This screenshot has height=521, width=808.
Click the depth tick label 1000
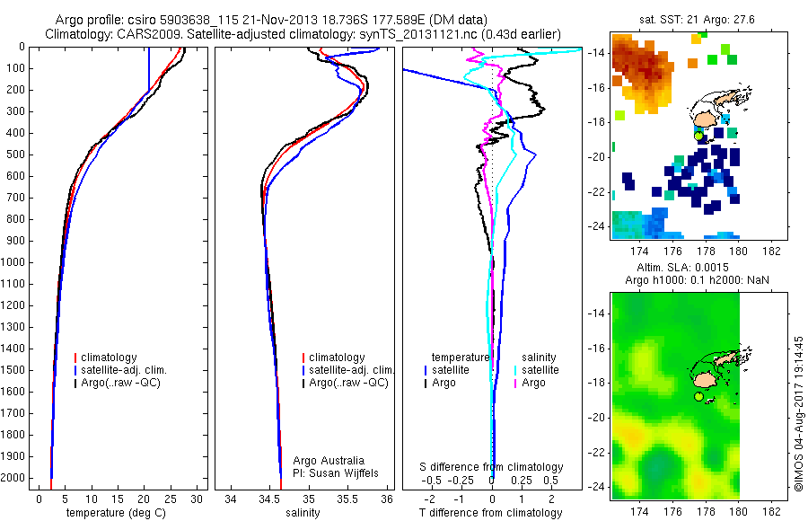point(16,262)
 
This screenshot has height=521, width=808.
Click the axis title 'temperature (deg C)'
point(117,513)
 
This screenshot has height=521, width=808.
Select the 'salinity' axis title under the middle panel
point(302,513)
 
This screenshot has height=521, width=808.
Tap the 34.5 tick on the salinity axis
point(269,499)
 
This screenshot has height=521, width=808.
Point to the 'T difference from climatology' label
point(492,513)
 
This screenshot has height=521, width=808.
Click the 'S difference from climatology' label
point(492,467)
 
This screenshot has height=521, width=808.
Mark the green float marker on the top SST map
point(698,136)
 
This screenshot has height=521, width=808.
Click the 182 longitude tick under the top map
point(771,252)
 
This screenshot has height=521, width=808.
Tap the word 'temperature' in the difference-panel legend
point(461,358)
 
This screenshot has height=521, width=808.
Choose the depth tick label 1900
point(16,456)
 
